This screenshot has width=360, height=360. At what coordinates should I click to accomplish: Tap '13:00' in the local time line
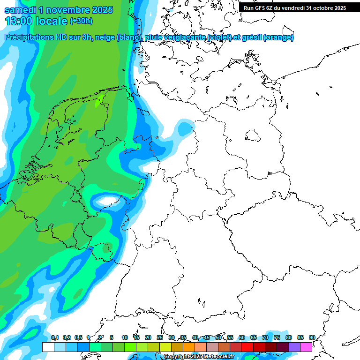21,21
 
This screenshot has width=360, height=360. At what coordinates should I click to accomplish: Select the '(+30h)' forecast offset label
81,21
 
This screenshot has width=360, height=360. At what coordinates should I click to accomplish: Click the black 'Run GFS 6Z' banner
295,7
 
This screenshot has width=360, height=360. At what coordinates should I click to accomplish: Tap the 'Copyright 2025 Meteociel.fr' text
199,356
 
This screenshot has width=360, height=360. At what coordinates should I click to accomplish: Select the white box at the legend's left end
48,347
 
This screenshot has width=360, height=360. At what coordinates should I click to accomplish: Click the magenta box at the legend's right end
306,347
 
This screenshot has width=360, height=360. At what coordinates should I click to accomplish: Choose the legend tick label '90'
312,337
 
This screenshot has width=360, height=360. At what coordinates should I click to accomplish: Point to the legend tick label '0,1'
54,337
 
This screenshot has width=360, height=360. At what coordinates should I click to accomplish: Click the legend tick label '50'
218,337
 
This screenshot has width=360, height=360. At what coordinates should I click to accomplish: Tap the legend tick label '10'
125,337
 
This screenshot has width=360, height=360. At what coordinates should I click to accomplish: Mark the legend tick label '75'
277,337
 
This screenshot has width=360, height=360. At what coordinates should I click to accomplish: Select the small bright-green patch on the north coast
100,99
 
